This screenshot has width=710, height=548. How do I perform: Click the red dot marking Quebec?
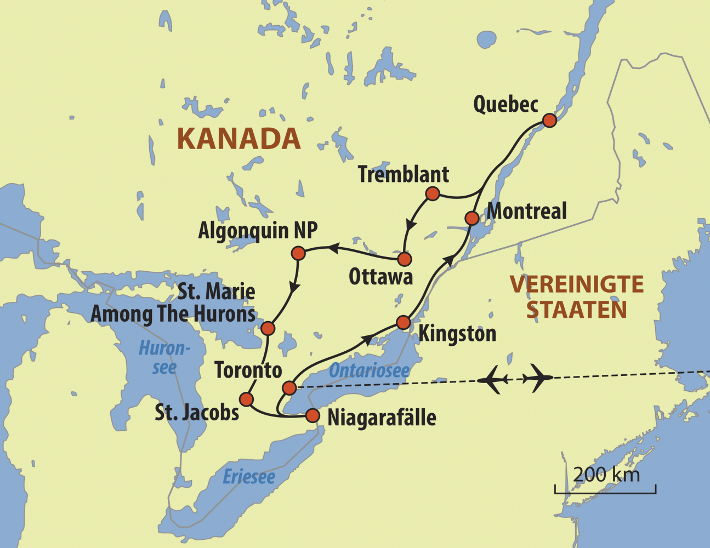[x=549, y=120]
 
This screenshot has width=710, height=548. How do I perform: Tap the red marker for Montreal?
[x=472, y=218]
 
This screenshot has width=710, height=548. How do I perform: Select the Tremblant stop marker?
[x=433, y=193]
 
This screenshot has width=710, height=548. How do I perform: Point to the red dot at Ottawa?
[x=404, y=259]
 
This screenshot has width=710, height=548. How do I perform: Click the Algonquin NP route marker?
[x=298, y=253]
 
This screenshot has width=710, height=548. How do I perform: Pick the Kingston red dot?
[x=403, y=322]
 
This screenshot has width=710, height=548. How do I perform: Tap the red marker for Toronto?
[x=289, y=388]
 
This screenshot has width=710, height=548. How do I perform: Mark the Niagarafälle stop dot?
[x=312, y=415]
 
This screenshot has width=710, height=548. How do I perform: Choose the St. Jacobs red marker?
[x=247, y=398]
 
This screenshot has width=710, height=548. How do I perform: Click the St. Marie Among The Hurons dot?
[x=268, y=328]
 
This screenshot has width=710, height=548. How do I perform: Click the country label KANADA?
[x=238, y=139]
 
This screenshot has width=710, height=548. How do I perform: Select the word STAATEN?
[x=576, y=310]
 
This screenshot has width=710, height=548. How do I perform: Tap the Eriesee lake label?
[x=249, y=476]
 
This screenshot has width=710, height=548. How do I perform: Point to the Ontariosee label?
[x=369, y=371]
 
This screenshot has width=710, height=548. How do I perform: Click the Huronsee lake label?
[x=164, y=357]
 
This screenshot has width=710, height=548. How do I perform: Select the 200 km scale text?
[x=606, y=474]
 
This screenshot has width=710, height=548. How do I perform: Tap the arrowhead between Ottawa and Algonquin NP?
[x=333, y=249]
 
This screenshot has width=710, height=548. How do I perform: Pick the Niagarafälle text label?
[x=382, y=418]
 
